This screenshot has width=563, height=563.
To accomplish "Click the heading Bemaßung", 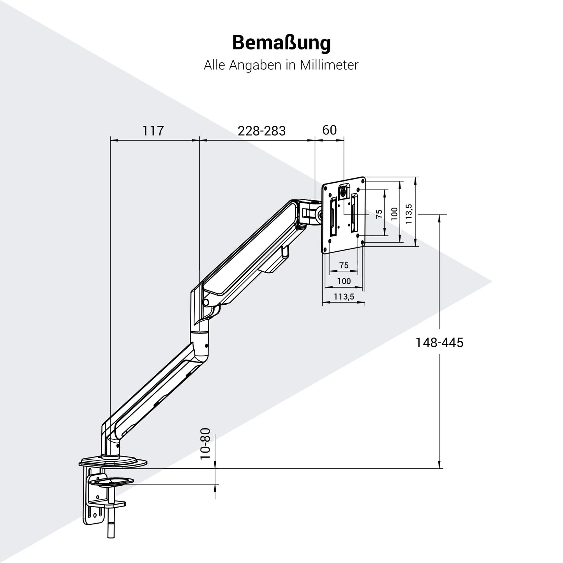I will click(281, 43).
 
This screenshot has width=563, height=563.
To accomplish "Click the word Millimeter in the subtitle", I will click(329, 65).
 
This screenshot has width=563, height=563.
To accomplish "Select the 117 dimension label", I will click(153, 131).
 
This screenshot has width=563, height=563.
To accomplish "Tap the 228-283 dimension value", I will click(262, 131).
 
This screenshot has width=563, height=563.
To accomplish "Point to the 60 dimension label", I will click(329, 130).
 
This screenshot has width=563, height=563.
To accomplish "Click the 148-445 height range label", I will click(439, 343).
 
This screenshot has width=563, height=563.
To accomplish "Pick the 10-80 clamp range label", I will click(205, 444).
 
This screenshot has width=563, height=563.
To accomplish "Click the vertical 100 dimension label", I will click(394, 212).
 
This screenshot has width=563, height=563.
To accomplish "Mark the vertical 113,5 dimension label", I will click(409, 213).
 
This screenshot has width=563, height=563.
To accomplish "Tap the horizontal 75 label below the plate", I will click(344, 265).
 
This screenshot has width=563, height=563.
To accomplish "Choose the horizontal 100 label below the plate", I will click(344, 281).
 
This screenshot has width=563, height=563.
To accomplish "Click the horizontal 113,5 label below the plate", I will click(344, 297).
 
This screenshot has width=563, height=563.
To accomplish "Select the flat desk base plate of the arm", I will click(113, 462).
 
